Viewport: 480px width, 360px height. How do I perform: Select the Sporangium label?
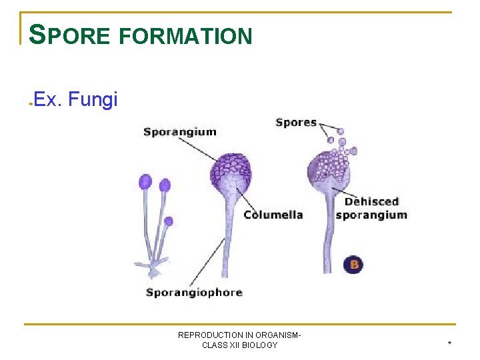pyautogui.click(x=179, y=131)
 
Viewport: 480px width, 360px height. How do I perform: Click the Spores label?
pyautogui.click(x=295, y=122)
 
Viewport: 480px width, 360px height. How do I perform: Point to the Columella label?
pyautogui.click(x=273, y=215)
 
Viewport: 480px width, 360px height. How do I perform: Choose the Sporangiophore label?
pyautogui.click(x=193, y=292)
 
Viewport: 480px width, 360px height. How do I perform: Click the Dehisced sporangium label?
pyautogui.click(x=371, y=208)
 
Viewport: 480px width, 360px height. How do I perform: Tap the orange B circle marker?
pyautogui.click(x=354, y=265)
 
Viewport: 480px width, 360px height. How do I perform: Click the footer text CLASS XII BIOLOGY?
pyautogui.click(x=239, y=345)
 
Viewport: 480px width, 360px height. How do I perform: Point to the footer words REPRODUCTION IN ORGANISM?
pyautogui.click(x=239, y=335)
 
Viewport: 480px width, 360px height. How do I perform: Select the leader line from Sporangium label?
pyautogui.click(x=200, y=149)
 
